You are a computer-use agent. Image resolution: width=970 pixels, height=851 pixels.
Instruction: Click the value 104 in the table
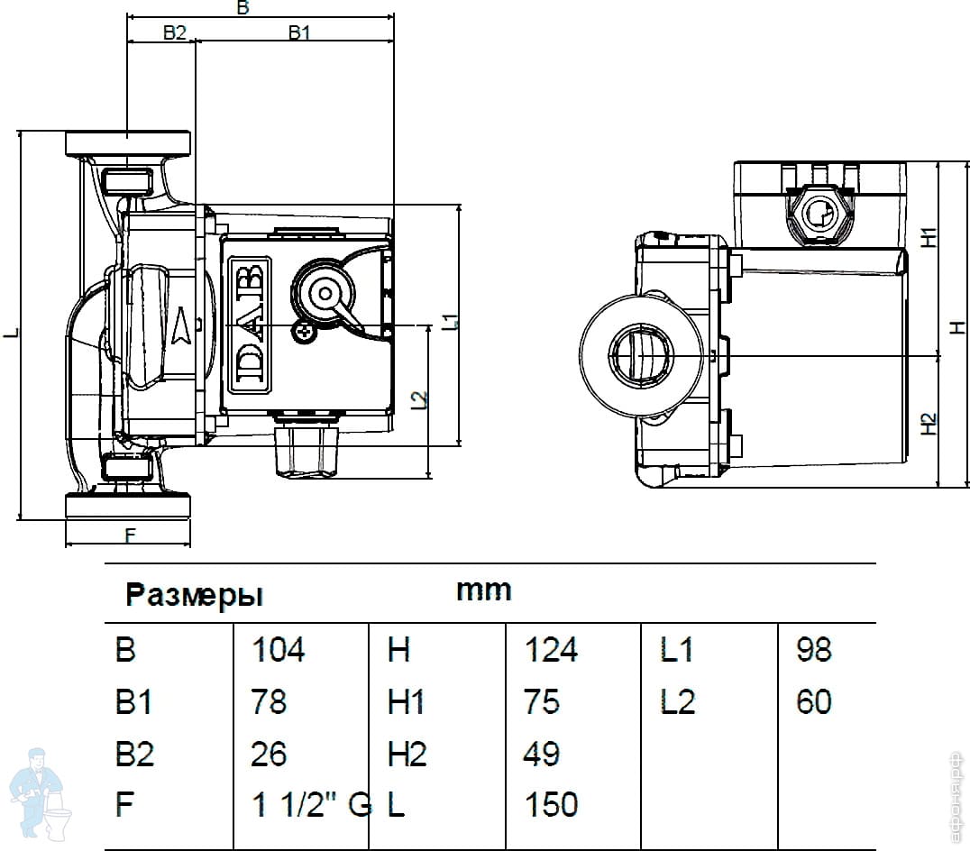pos(279,649)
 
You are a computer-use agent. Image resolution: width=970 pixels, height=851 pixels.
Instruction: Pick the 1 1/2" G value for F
pos(311,805)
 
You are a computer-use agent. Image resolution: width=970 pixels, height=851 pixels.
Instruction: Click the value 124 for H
pos(550,649)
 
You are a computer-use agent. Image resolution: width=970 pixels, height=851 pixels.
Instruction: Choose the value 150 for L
pos(550,805)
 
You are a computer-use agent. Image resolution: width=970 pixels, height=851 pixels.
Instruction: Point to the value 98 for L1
pos(813,649)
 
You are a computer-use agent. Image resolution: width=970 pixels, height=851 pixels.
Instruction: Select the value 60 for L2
pos(813,701)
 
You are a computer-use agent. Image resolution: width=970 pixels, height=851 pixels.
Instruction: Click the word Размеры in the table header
pos(194,595)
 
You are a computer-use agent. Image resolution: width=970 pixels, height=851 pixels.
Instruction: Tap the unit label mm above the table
pos(483,590)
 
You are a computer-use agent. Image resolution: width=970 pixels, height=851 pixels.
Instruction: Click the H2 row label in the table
pos(407,754)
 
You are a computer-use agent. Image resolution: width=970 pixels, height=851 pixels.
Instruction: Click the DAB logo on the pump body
pos(249,327)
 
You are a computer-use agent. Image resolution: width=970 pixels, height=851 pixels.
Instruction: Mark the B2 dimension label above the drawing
pos(174,32)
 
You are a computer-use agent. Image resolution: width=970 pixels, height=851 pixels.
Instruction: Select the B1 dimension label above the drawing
pos(299,32)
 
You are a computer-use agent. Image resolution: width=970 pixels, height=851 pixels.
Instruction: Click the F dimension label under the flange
pos(129,536)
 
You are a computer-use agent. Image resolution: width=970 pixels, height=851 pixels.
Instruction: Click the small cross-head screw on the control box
pos(308,334)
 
